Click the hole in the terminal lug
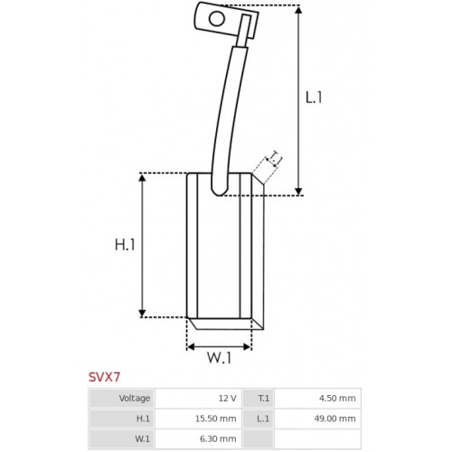[217, 19]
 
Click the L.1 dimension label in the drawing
[314, 98]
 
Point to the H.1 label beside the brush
[125, 245]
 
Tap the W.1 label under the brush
[219, 358]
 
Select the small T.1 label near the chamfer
[274, 159]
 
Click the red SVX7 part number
[104, 377]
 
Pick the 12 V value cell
[198, 399]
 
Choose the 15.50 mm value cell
[198, 419]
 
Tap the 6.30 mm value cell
[198, 438]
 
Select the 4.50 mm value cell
[317, 399]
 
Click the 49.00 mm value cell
[317, 419]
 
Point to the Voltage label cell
[121, 399]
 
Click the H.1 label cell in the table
[121, 419]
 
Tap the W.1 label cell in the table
[121, 438]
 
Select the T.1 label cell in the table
[258, 399]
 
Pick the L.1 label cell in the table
[258, 419]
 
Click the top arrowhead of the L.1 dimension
[298, 9]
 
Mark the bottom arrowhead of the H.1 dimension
[142, 313]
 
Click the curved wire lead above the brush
[229, 120]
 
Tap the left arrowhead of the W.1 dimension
[191, 346]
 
